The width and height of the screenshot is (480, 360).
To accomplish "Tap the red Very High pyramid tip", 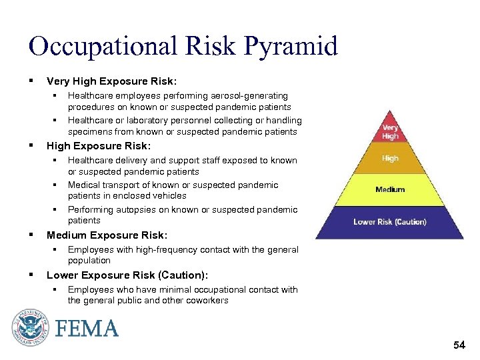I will pyautogui.click(x=390, y=131).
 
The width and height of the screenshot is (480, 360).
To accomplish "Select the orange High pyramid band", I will pyautogui.click(x=390, y=159).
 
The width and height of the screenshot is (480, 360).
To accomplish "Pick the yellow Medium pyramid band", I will pyautogui.click(x=390, y=190).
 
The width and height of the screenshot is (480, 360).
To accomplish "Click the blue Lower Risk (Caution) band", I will pyautogui.click(x=390, y=222).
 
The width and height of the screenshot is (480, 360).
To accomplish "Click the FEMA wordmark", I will pyautogui.click(x=87, y=329).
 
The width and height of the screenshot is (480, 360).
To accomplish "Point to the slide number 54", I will pyautogui.click(x=459, y=345).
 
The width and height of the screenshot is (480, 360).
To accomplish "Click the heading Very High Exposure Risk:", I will pyautogui.click(x=111, y=81).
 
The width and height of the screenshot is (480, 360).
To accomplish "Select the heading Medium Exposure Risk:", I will pyautogui.click(x=107, y=235).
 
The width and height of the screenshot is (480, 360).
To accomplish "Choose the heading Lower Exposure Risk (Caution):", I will pyautogui.click(x=127, y=275).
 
